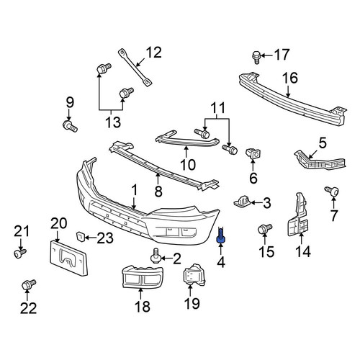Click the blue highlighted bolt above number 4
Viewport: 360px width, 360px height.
point(220,235)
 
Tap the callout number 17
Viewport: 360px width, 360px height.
point(282,55)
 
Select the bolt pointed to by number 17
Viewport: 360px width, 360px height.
point(256,57)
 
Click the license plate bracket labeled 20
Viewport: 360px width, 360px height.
point(68,258)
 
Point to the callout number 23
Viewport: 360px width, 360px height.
point(105,238)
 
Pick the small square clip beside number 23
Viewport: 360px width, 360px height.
point(80,236)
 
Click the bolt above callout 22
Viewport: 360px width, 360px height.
point(29,284)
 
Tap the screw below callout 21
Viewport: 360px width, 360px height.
point(20,253)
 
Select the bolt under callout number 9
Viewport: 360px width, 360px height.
point(70,126)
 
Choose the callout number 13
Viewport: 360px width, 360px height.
point(113,122)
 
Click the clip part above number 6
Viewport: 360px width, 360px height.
point(253,153)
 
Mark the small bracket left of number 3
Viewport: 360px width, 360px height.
point(242,201)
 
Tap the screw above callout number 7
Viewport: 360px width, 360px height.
point(332,191)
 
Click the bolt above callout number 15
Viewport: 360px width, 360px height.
point(265,228)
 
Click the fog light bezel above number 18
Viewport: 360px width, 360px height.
point(143,276)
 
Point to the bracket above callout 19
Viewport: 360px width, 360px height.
point(194,275)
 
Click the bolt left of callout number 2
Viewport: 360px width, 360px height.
point(156,256)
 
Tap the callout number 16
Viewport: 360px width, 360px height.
point(290,78)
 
